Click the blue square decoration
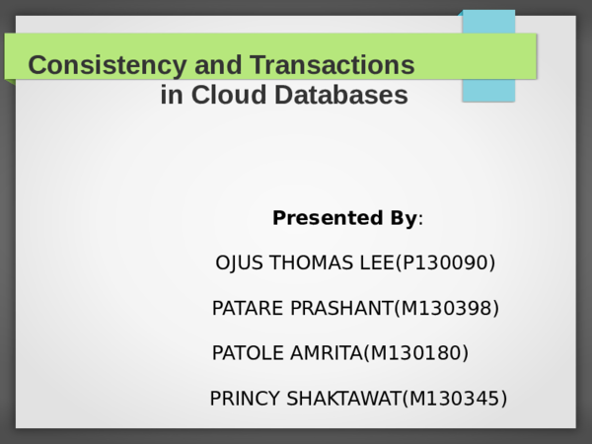pos(488,55)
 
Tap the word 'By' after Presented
pos(402,218)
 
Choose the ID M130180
pos(415,353)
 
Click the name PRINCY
pos(244,399)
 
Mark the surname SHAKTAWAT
pos(342,399)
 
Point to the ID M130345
pos(454,399)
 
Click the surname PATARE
pos(248,309)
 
